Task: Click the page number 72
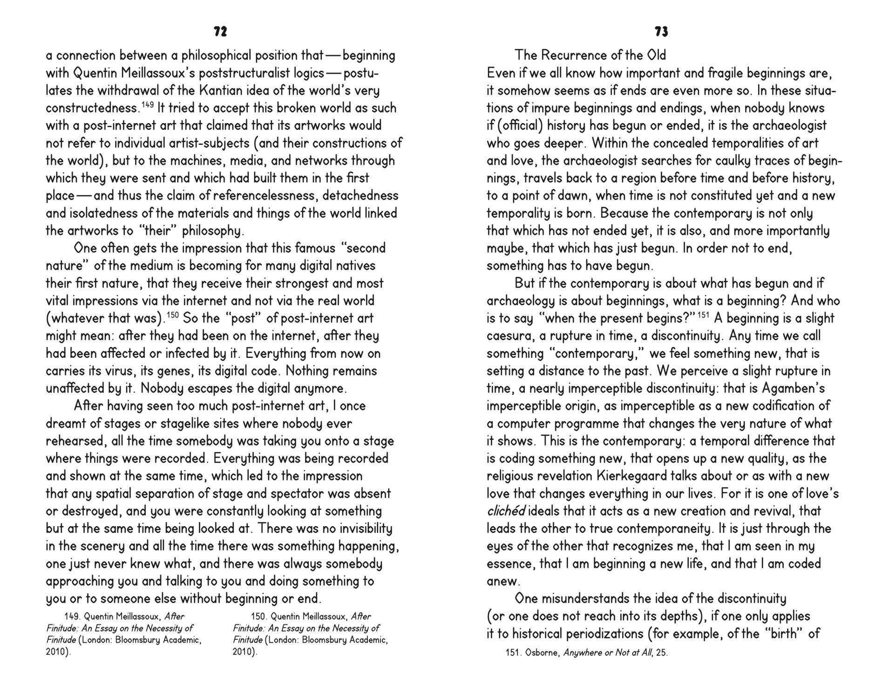point(220,32)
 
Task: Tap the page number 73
point(661,32)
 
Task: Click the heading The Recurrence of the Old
point(590,55)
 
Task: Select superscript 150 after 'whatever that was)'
point(172,315)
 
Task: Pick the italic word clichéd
point(506,511)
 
